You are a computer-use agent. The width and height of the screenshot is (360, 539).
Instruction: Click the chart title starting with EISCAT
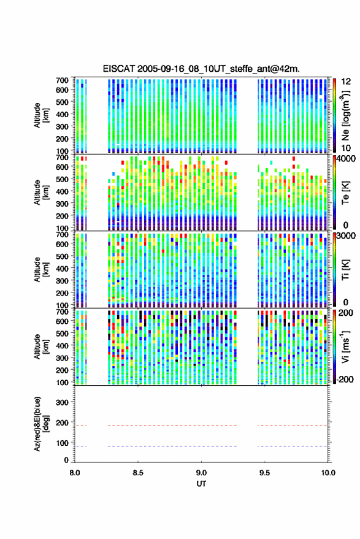point(201,69)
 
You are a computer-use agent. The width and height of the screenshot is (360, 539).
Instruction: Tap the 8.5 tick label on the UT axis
point(138,473)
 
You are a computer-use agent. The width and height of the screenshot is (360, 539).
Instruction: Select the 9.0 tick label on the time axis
point(201,473)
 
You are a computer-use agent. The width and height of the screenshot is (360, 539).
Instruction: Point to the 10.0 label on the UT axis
point(327,473)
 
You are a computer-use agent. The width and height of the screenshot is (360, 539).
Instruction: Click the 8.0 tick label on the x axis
point(75,473)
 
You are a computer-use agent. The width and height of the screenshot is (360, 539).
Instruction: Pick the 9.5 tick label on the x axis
point(264,473)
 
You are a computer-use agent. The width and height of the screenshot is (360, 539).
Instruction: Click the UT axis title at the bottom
point(201,484)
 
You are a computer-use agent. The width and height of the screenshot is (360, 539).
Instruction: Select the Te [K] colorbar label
point(345,193)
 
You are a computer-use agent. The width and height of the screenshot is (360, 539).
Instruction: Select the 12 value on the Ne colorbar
point(346,81)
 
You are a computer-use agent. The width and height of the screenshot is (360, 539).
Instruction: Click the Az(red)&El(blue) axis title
point(40,424)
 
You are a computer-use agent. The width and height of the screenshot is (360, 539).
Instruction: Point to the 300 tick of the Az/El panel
point(62,402)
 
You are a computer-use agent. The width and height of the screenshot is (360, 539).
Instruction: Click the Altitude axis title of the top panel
point(40,115)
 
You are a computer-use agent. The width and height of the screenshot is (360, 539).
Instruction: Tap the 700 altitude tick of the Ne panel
point(62,80)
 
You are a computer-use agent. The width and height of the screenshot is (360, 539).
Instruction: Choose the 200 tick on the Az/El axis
point(62,423)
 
